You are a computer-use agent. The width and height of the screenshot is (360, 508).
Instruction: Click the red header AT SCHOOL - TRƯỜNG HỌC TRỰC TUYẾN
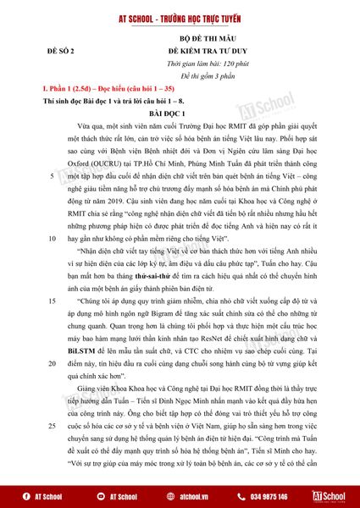(180, 16)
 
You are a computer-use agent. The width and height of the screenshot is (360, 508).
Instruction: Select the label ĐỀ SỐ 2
(65, 52)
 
